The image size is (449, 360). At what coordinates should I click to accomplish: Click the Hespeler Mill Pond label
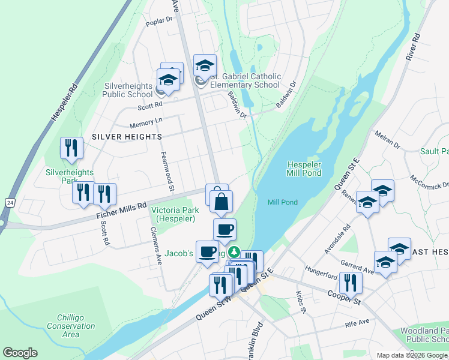pos(304,169)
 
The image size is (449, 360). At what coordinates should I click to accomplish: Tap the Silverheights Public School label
pos(127,90)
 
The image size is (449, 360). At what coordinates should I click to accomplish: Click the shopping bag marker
pos(221,202)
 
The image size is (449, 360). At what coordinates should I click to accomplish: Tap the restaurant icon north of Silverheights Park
pos(72,148)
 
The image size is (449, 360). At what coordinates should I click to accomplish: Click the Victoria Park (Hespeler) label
pos(173,214)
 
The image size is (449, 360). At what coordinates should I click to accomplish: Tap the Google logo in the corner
pos(20,353)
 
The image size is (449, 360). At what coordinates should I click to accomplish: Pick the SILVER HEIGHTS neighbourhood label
pos(127,137)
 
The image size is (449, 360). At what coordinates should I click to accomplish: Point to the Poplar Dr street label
pos(158,22)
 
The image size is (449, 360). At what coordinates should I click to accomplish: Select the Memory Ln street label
pos(146,122)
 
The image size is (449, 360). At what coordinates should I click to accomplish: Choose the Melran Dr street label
pos(387,140)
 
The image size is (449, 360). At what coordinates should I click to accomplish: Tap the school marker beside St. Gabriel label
pos(205,66)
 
